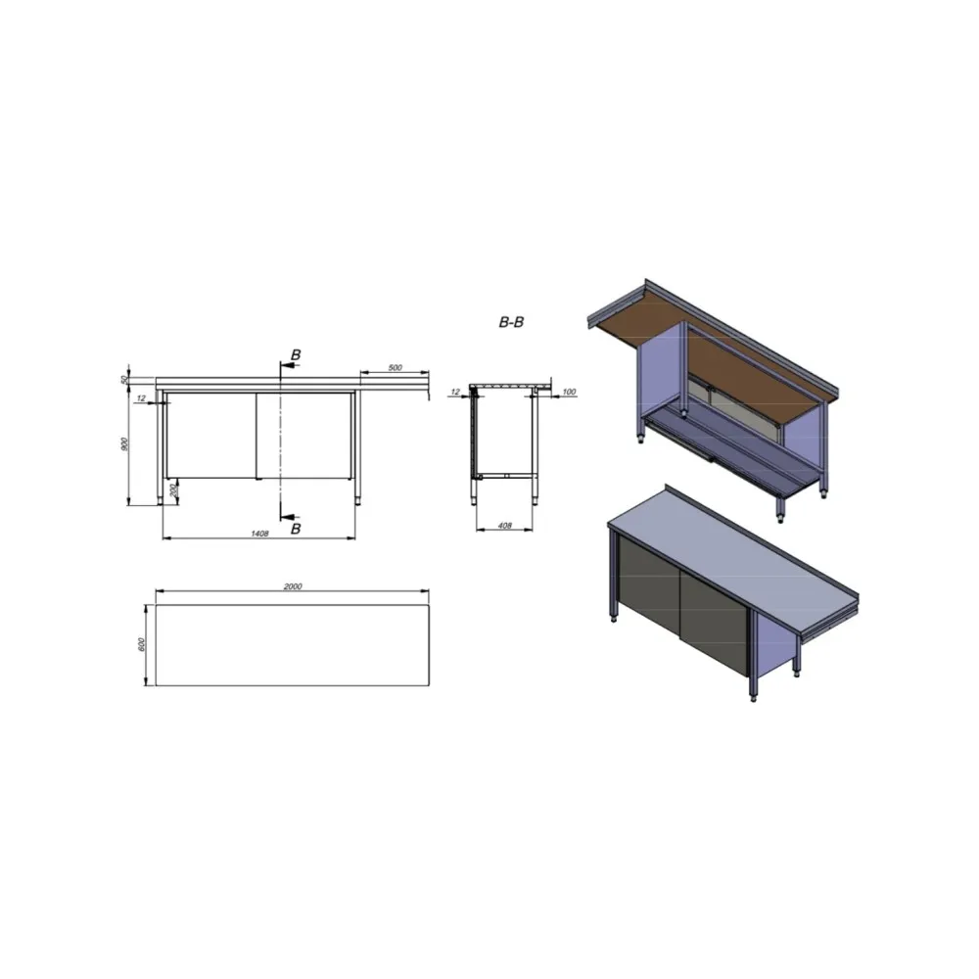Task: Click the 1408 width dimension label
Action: [x=258, y=534]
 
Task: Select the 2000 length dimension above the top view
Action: [x=292, y=585]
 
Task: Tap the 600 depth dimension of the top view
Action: [x=141, y=644]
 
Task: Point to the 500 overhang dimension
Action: [x=395, y=368]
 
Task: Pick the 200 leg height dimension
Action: [x=174, y=489]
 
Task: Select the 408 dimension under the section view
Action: [x=505, y=526]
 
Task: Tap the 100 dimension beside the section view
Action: [x=569, y=392]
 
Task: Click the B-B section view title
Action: [x=510, y=321]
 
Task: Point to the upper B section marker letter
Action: [x=295, y=353]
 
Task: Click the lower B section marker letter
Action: [x=295, y=529]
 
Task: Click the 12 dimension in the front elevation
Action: [x=142, y=397]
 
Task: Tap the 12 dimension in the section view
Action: [x=454, y=392]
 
